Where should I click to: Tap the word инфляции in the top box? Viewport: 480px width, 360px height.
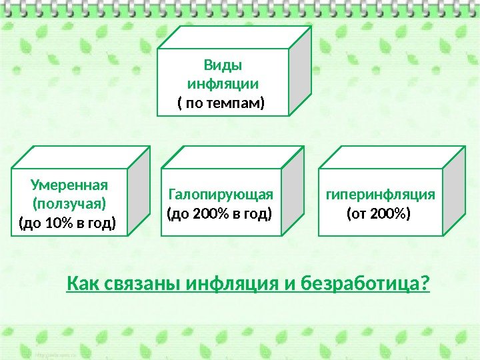coord(223,85)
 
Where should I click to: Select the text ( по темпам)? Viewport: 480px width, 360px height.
coord(221,104)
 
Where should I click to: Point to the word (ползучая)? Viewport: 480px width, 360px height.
coord(69,202)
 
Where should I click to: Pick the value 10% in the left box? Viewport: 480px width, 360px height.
coord(53,221)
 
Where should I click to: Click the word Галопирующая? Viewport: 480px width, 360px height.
coord(221,194)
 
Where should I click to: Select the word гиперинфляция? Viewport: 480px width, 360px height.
coord(380,194)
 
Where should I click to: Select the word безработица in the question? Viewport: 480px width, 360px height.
coord(357,285)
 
